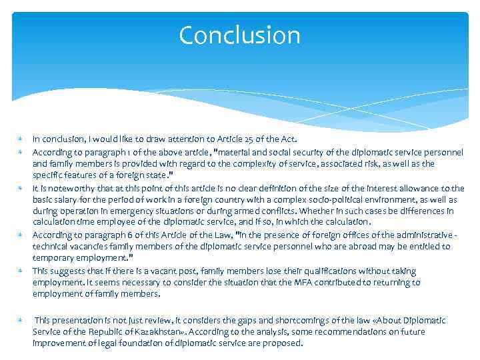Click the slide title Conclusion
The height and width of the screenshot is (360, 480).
(239, 35)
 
